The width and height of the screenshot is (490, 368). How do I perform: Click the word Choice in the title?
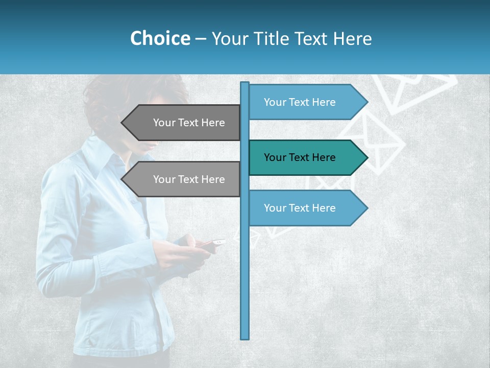click(160, 38)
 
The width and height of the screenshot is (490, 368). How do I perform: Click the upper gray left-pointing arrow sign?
click(184, 123)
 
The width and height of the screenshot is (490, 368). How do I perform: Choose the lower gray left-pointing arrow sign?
click(184, 179)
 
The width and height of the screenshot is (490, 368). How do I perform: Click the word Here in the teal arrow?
click(324, 157)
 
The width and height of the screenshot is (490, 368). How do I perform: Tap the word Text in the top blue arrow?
click(300, 102)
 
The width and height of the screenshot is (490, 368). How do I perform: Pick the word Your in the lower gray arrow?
click(164, 179)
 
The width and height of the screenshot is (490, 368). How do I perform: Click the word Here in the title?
click(352, 38)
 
